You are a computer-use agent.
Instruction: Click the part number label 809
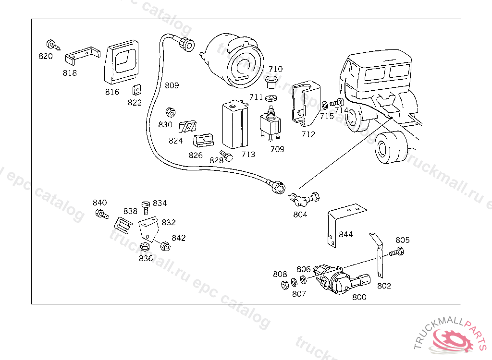click(172, 85)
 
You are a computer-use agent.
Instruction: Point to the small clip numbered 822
click(136, 90)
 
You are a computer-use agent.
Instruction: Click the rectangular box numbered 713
click(234, 125)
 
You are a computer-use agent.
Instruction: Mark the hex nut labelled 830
click(169, 113)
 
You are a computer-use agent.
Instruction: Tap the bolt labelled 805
click(397, 252)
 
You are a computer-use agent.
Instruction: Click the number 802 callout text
click(384, 286)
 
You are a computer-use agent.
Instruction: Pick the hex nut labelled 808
click(284, 284)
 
